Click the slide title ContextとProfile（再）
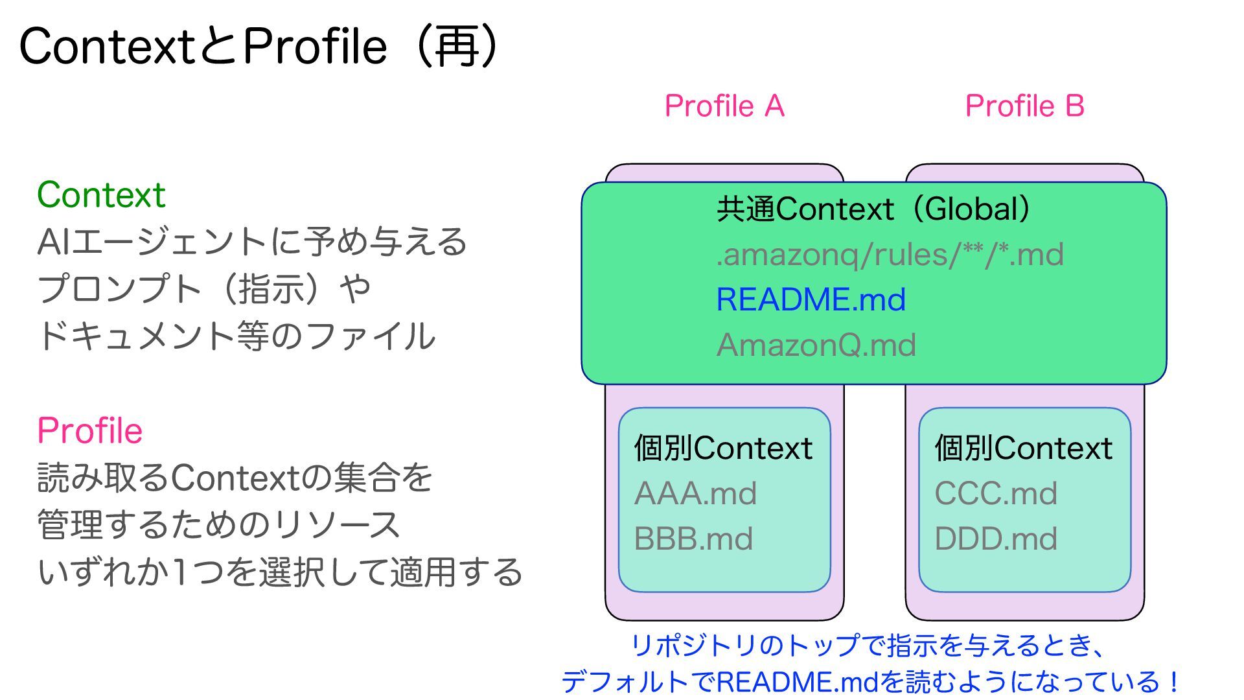point(259,47)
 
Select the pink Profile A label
point(724,106)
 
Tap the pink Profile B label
point(1024,106)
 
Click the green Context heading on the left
point(101,194)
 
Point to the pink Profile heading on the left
point(89,430)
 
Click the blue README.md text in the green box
point(811,299)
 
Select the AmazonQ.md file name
point(816,345)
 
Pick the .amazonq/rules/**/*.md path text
point(890,254)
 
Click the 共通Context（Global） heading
point(873,209)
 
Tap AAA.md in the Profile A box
point(695,493)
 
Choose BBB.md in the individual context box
point(693,539)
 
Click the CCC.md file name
point(995,493)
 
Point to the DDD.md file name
point(995,539)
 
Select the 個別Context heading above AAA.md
point(723,448)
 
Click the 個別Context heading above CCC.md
point(1023,448)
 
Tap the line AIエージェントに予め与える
point(252,242)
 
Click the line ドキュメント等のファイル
point(236,336)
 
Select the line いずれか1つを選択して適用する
point(280,572)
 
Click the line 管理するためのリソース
point(218,524)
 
